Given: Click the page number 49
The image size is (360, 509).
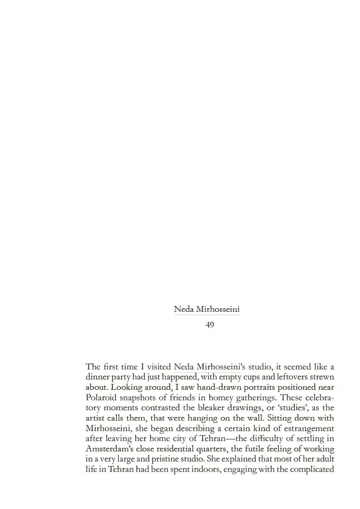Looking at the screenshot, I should coord(209,325).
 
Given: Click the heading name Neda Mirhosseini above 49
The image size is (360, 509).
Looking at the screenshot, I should coord(207,310).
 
